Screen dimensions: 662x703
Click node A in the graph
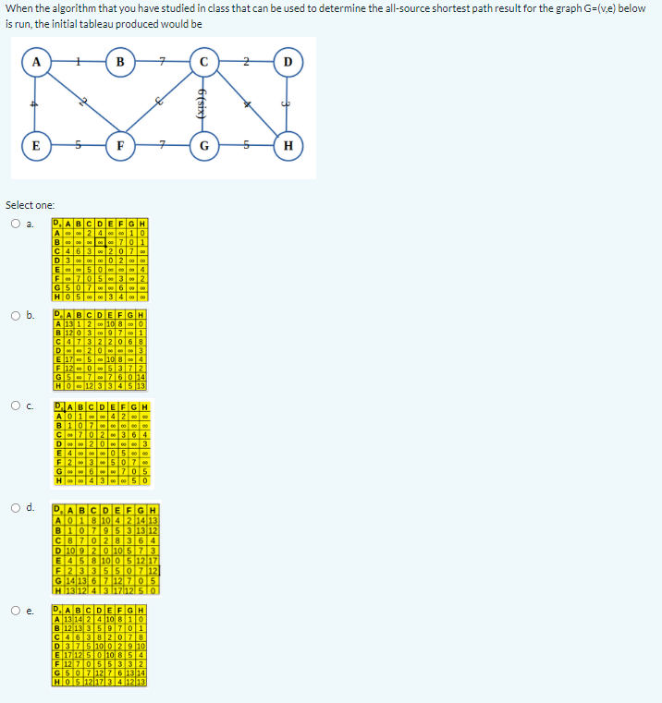click(36, 62)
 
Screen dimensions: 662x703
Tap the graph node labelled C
click(204, 62)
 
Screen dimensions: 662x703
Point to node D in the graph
click(288, 62)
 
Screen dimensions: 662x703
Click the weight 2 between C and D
click(246, 62)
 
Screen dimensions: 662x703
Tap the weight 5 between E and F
click(79, 146)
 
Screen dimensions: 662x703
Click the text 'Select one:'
click(31, 204)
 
